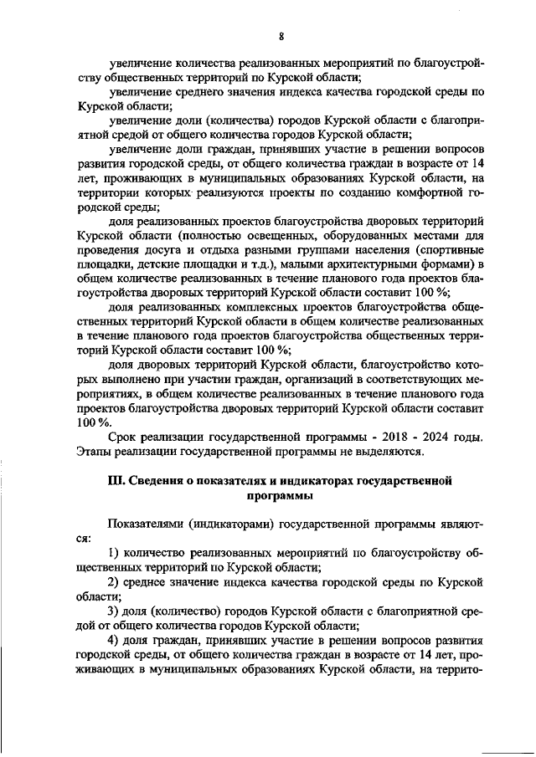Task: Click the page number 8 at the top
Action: tap(281, 35)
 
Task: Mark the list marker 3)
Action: tap(116, 611)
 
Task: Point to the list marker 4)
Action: tap(116, 640)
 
